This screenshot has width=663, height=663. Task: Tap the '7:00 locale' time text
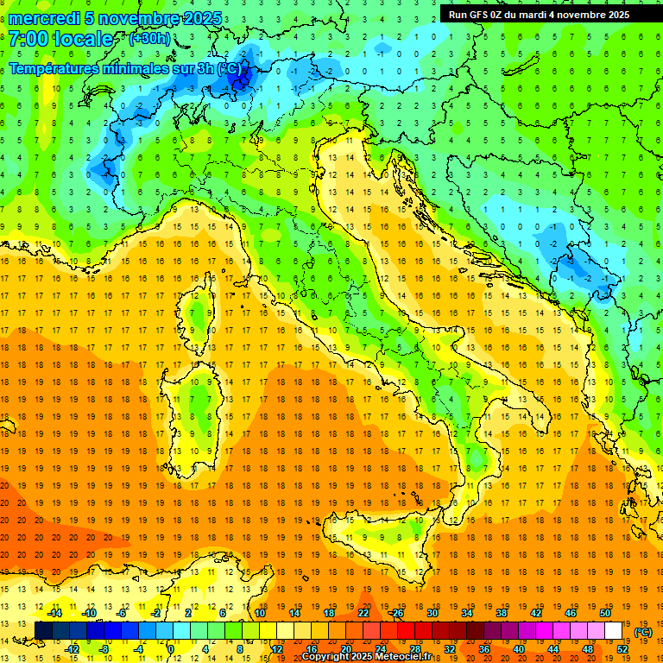60,39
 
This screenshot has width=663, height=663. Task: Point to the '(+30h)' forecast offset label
149,39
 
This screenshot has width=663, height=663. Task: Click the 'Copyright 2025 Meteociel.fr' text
366,657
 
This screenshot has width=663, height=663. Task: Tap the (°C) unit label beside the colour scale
643,632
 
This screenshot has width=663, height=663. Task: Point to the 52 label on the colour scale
622,649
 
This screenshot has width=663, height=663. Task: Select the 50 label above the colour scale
605,613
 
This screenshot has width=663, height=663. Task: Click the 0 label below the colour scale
172,649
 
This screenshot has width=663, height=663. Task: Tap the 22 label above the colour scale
363,613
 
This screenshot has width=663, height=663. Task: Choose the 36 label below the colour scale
484,649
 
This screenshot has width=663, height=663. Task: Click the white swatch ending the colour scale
614,631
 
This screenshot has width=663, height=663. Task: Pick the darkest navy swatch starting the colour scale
43,631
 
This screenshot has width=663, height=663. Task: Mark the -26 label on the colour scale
396,613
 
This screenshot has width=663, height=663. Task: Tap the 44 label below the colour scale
553,649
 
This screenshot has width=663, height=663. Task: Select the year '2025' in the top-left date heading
203,18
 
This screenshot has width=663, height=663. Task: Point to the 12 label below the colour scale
277,649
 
